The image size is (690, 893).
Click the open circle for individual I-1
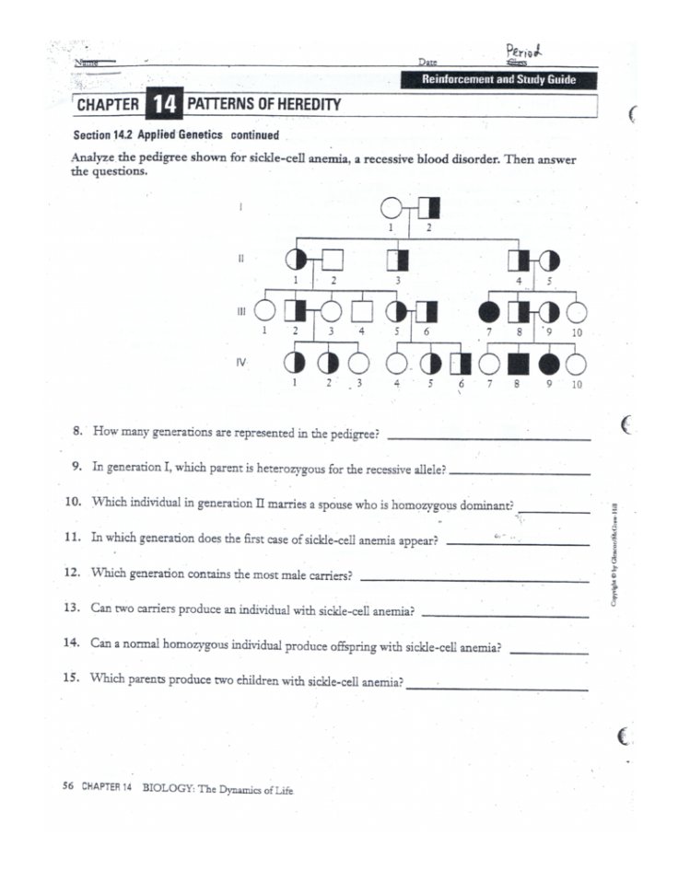click(393, 210)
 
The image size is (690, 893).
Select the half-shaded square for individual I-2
click(428, 210)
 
